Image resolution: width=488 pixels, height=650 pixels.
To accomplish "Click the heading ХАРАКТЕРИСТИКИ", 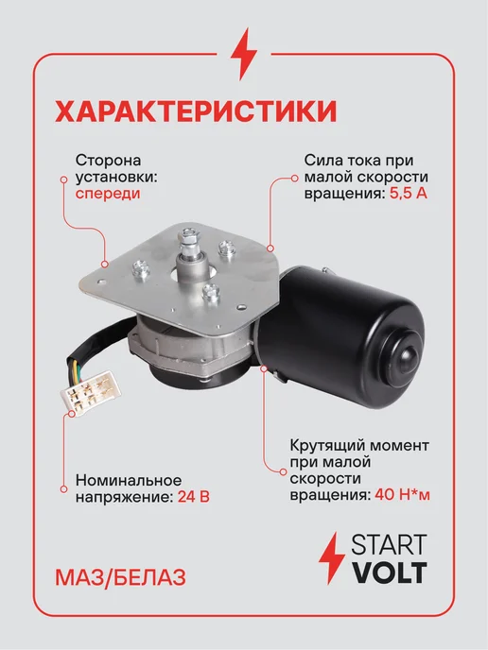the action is point(196,111).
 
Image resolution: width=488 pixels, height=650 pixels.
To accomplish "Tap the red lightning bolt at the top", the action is point(244,54).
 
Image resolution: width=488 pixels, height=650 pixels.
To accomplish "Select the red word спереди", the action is point(108,194).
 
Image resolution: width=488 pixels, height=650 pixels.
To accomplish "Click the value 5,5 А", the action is point(409,194).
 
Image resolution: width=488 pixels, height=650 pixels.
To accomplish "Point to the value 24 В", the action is point(193,496).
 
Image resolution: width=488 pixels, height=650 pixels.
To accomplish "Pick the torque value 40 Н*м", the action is point(402,495).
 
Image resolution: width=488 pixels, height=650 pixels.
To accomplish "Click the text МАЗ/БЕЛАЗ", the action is point(120,578).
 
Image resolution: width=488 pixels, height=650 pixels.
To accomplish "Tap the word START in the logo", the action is point(389,545).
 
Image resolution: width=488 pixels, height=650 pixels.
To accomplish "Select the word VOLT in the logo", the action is point(390,573).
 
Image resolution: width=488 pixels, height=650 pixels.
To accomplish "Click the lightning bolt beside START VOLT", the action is point(332,558).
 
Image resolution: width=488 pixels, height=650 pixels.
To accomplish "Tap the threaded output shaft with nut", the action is point(189,248).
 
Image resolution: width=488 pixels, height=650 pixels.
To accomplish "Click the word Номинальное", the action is point(129,480).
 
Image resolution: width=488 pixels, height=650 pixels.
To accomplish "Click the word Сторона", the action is point(109,160).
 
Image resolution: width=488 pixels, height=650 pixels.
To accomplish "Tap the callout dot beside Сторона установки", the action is point(64,180).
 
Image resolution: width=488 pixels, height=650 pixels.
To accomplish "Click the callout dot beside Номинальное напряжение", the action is point(64,489).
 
